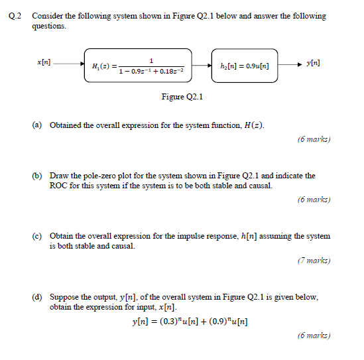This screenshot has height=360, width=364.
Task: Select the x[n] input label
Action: [x=44, y=62]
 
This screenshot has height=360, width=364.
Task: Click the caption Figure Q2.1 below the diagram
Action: [x=182, y=97]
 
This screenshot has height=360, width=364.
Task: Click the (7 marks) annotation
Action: [x=314, y=261]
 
